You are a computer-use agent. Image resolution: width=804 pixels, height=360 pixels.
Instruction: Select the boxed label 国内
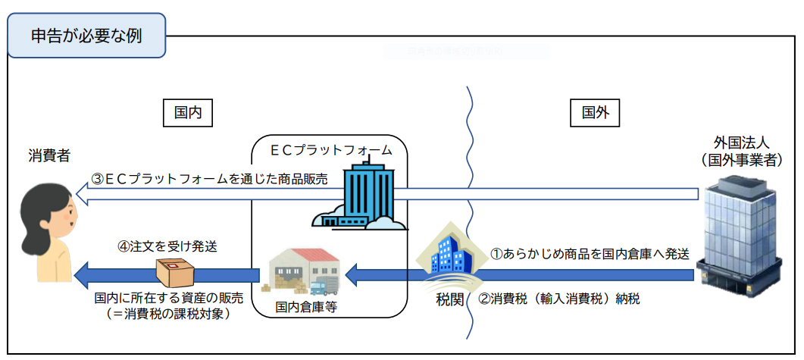point(187,114)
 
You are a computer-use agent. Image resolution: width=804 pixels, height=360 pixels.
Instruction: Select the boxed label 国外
point(595,114)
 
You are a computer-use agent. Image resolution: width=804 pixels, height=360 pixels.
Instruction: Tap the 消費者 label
point(49,155)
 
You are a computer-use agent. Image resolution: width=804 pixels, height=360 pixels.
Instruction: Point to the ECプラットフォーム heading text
point(331,150)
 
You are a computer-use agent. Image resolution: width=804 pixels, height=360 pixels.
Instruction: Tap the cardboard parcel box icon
point(174,271)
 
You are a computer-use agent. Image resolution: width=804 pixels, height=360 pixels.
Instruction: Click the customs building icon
point(448,253)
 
